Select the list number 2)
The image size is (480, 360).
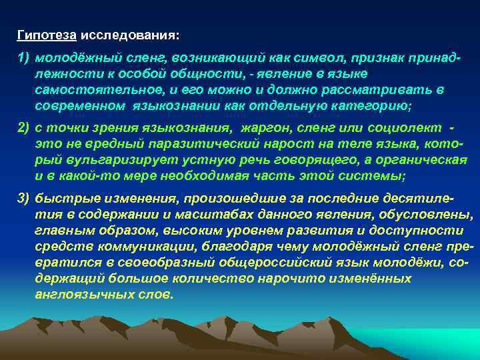tap(25, 127)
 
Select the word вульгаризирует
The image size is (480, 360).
tap(103, 159)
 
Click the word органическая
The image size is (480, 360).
tap(421, 159)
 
